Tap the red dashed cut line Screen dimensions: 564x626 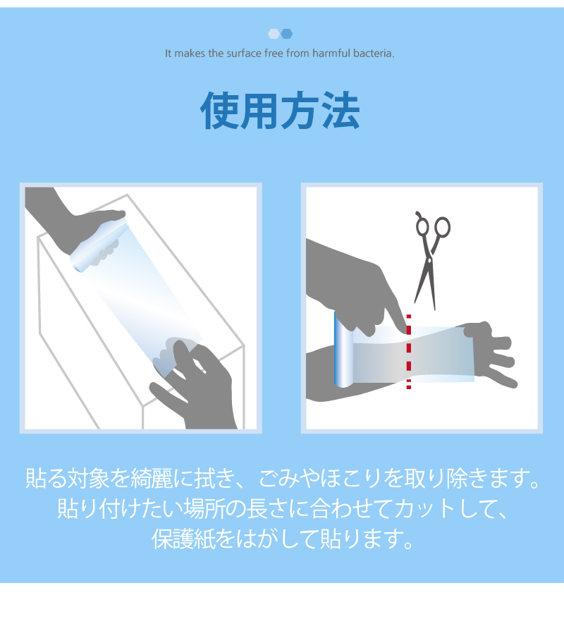point(408,352)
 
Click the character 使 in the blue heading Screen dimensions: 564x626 point(219,110)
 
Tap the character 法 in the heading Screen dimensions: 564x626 point(341,110)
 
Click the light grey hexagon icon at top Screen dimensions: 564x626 point(274,34)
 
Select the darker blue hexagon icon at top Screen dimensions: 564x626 point(287,34)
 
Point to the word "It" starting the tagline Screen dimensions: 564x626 point(168,54)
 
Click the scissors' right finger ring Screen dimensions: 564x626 point(442,228)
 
